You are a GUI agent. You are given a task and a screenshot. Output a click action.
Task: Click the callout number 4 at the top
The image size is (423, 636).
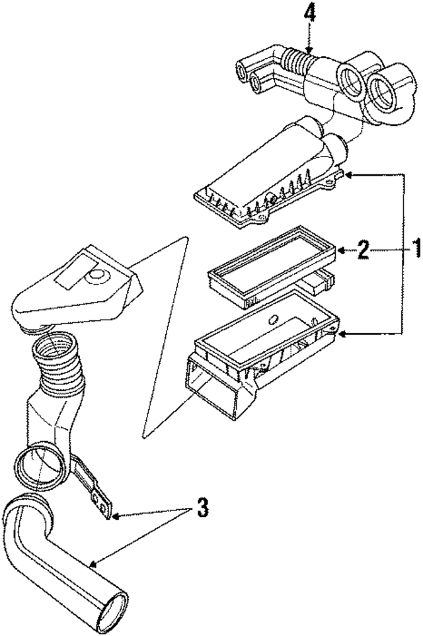tap(309, 13)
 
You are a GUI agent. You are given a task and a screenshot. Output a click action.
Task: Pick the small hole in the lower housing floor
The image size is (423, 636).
tap(271, 320)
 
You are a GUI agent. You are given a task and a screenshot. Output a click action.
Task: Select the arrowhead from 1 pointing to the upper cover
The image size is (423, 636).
tap(349, 174)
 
